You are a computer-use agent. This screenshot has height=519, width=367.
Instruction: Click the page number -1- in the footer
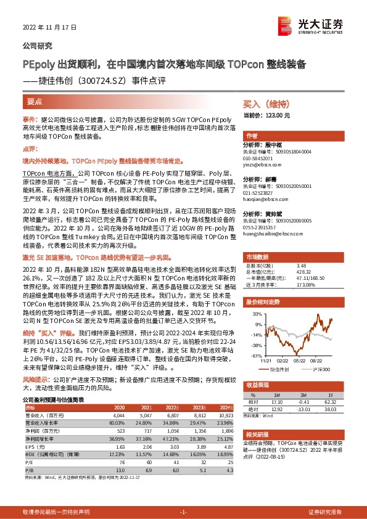(x=183, y=512)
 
